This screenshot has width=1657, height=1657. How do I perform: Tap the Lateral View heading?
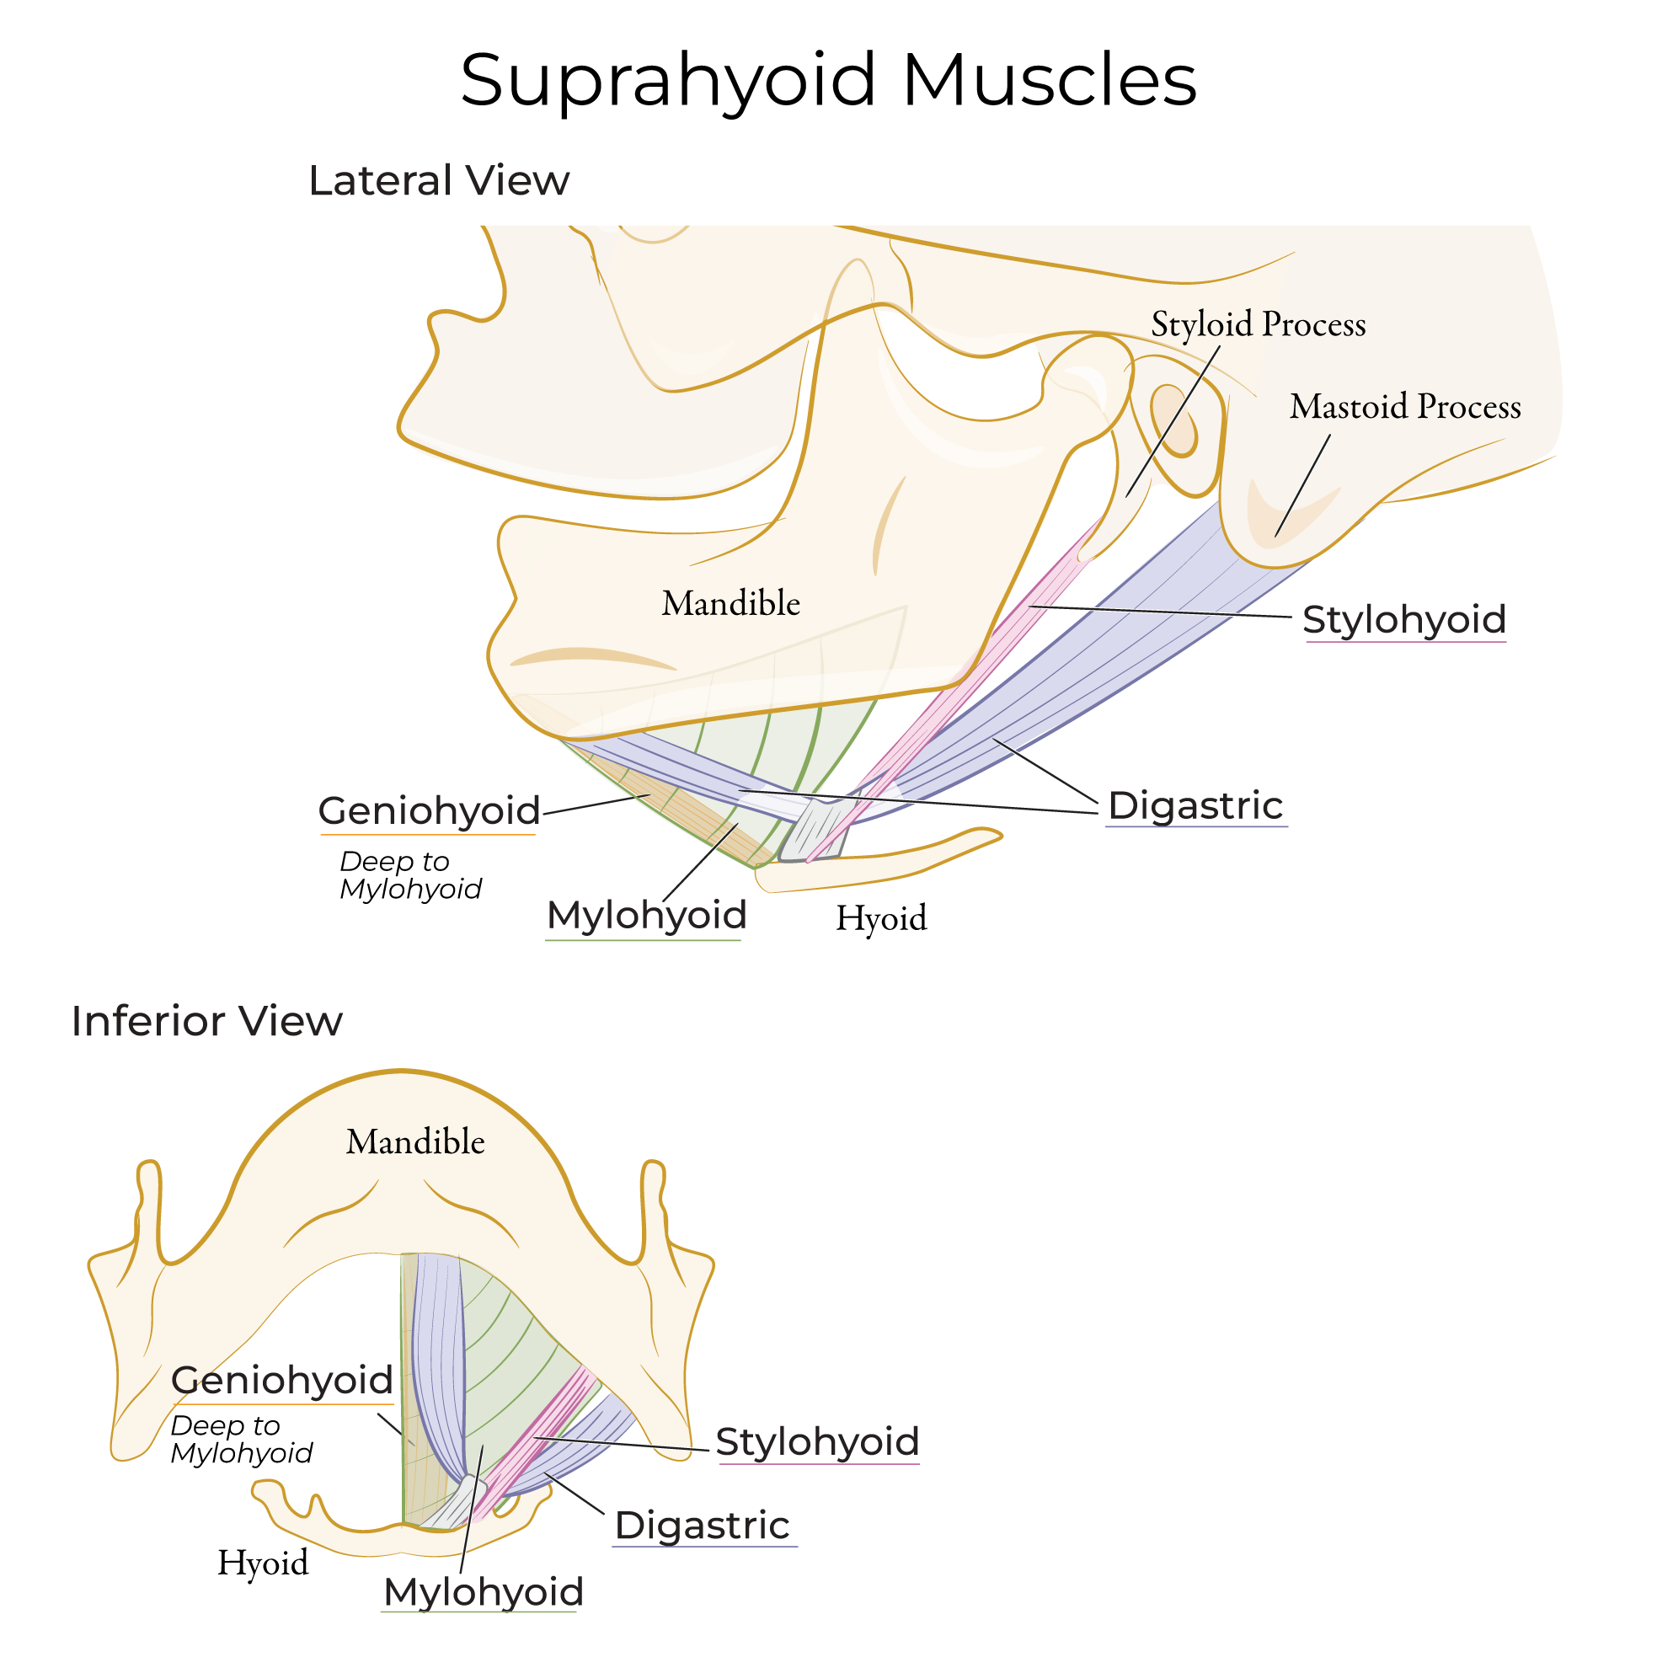click(x=438, y=181)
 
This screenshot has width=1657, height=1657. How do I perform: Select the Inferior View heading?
click(x=206, y=1022)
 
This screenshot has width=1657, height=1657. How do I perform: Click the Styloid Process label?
click(x=1258, y=325)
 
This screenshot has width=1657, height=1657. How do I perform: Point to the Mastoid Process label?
click(x=1405, y=407)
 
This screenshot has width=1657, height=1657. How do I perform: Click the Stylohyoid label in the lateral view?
click(x=1404, y=620)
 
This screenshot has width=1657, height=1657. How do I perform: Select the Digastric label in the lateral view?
click(x=1195, y=806)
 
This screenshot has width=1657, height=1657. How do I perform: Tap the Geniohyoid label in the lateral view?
click(x=429, y=811)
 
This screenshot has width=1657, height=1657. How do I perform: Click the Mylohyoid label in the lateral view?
click(x=647, y=916)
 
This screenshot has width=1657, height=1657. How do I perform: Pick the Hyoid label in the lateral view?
click(x=881, y=918)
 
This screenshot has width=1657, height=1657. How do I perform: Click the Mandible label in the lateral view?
click(x=730, y=604)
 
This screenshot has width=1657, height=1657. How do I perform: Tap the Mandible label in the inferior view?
click(x=415, y=1142)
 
